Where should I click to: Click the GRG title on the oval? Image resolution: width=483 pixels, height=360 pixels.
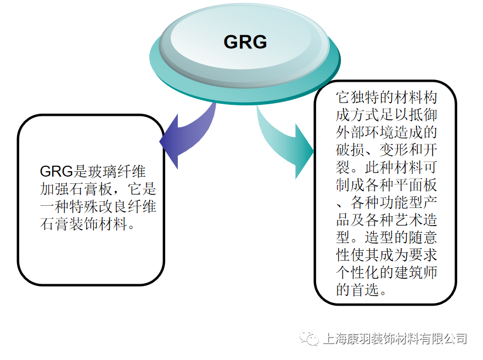pyautogui.click(x=245, y=42)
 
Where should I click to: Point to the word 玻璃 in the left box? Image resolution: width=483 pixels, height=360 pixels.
pyautogui.click(x=100, y=171)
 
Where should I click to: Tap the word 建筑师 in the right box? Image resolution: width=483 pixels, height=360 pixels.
pyautogui.click(x=420, y=273)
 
